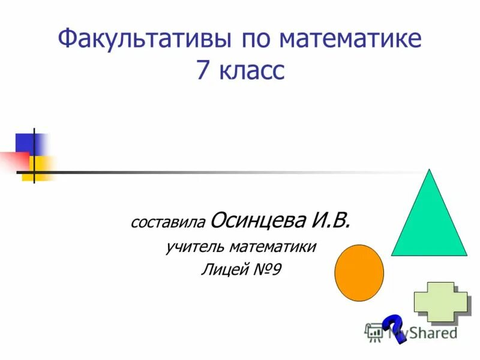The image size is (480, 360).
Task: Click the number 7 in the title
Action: (x=202, y=71)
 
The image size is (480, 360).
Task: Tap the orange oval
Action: (x=359, y=272)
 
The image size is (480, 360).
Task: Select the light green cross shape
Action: (x=440, y=303)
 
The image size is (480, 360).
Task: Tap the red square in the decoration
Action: (x=13, y=159)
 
